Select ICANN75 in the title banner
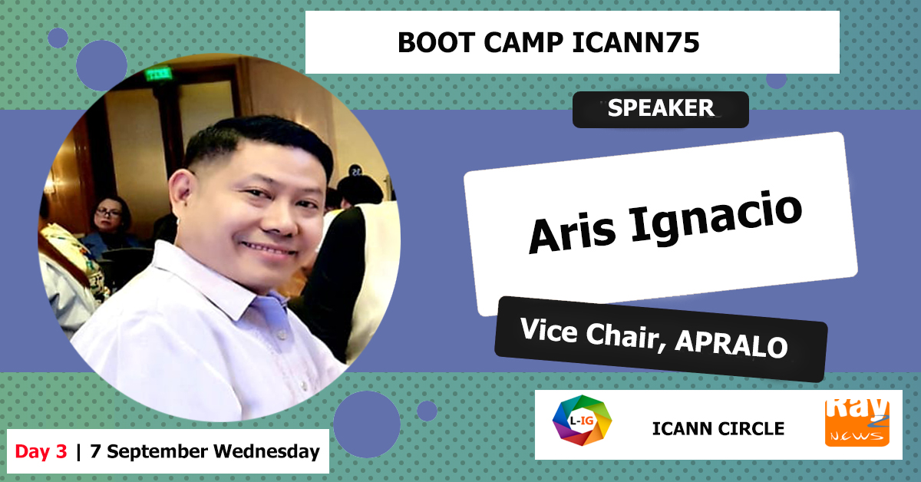pyautogui.click(x=635, y=42)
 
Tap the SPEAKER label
pyautogui.click(x=661, y=108)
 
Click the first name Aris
pyautogui.click(x=573, y=233)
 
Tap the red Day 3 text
pyautogui.click(x=41, y=451)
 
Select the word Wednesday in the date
pyautogui.click(x=266, y=451)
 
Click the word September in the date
pyautogui.click(x=157, y=452)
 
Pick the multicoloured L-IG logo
pyautogui.click(x=582, y=421)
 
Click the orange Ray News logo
pyautogui.click(x=857, y=423)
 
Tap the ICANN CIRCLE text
pyautogui.click(x=718, y=429)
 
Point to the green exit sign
pyautogui.click(x=158, y=74)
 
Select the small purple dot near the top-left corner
pyautogui.click(x=58, y=38)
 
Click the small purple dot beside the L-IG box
pyautogui.click(x=427, y=411)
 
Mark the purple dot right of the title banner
pyautogui.click(x=776, y=81)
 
